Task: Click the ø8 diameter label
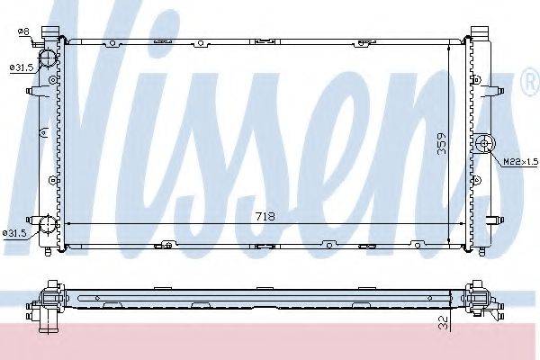[x=24, y=32]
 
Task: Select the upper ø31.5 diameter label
[x=22, y=67]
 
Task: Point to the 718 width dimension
[x=264, y=217]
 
